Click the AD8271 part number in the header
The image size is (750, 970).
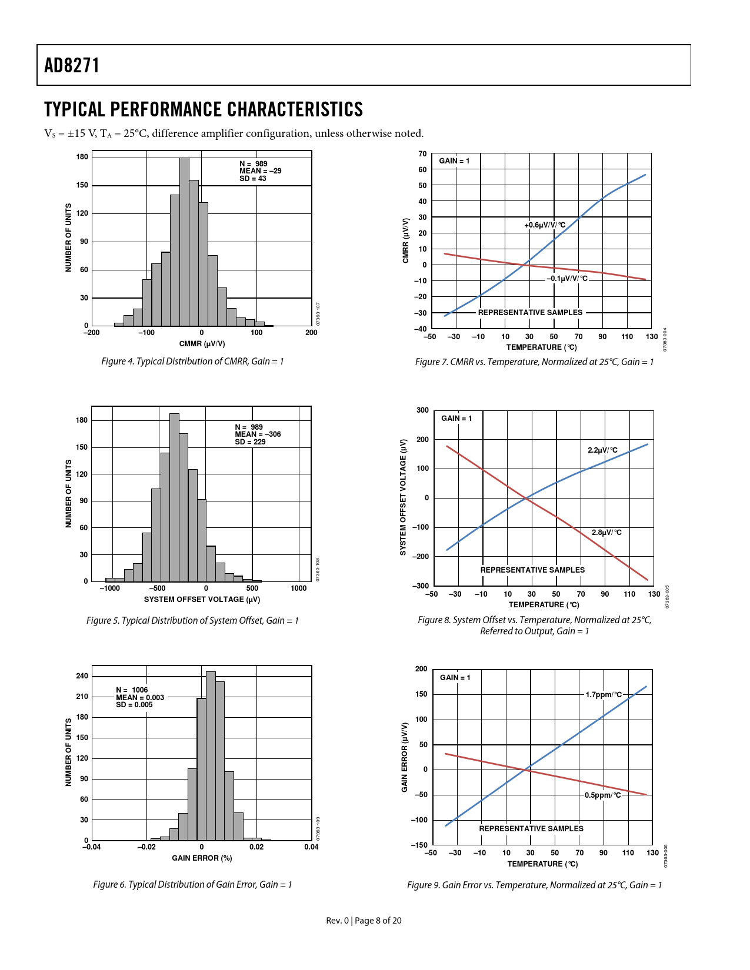(x=72, y=65)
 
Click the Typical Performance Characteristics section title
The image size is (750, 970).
(x=204, y=110)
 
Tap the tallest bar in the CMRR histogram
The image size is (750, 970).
(x=184, y=241)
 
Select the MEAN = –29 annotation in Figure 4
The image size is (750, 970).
(x=260, y=171)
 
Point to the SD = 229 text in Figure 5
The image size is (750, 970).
(x=250, y=442)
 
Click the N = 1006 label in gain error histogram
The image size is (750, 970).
(x=132, y=690)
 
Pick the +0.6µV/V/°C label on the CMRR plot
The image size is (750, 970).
(x=545, y=225)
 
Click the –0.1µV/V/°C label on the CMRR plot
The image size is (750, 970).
(x=567, y=279)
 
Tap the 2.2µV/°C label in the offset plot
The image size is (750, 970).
(x=602, y=450)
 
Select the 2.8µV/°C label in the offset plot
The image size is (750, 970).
(x=606, y=533)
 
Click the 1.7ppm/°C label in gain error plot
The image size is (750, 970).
(x=604, y=695)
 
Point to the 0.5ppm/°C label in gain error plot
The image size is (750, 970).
(x=602, y=795)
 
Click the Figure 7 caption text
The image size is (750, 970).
(x=534, y=362)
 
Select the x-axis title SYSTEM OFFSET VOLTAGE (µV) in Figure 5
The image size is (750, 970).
(x=202, y=600)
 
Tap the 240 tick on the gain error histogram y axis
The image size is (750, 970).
(x=82, y=676)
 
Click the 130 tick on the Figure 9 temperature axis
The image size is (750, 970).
(x=653, y=853)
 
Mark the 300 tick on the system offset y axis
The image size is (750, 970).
(x=422, y=410)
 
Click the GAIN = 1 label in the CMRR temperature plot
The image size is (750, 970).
(x=454, y=161)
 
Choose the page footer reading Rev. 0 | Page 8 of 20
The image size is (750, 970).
(x=364, y=921)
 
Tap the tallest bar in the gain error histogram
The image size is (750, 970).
(x=211, y=755)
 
